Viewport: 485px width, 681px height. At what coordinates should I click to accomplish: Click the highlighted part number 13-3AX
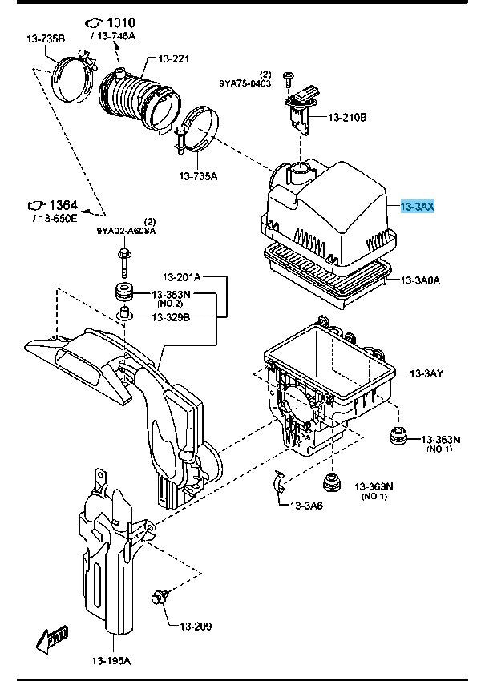[x=417, y=207]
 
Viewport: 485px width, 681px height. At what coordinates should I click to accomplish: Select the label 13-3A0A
[x=422, y=280]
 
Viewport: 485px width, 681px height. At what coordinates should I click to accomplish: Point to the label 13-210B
[x=346, y=118]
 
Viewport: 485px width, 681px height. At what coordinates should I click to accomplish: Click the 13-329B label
[x=171, y=317]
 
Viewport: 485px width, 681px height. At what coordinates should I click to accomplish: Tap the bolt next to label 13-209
[x=157, y=597]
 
